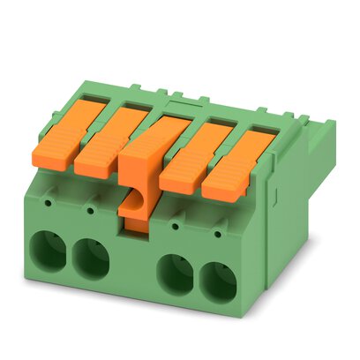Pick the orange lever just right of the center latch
click(x=189, y=149)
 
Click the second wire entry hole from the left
click(x=90, y=257)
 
